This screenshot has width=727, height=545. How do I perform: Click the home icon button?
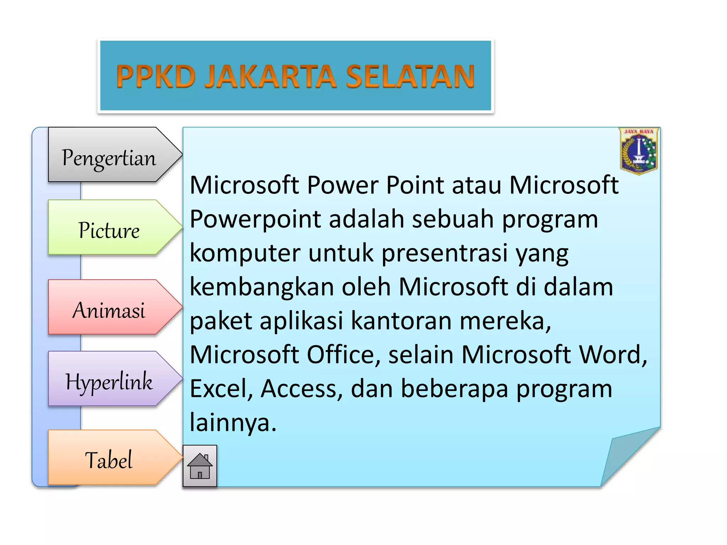200,466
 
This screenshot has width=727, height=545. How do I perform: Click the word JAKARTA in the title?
270,76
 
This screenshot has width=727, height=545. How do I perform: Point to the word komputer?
245,253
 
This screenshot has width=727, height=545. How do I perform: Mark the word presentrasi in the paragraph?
444,253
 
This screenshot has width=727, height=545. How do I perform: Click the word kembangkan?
262,287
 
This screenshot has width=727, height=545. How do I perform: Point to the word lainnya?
233,423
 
